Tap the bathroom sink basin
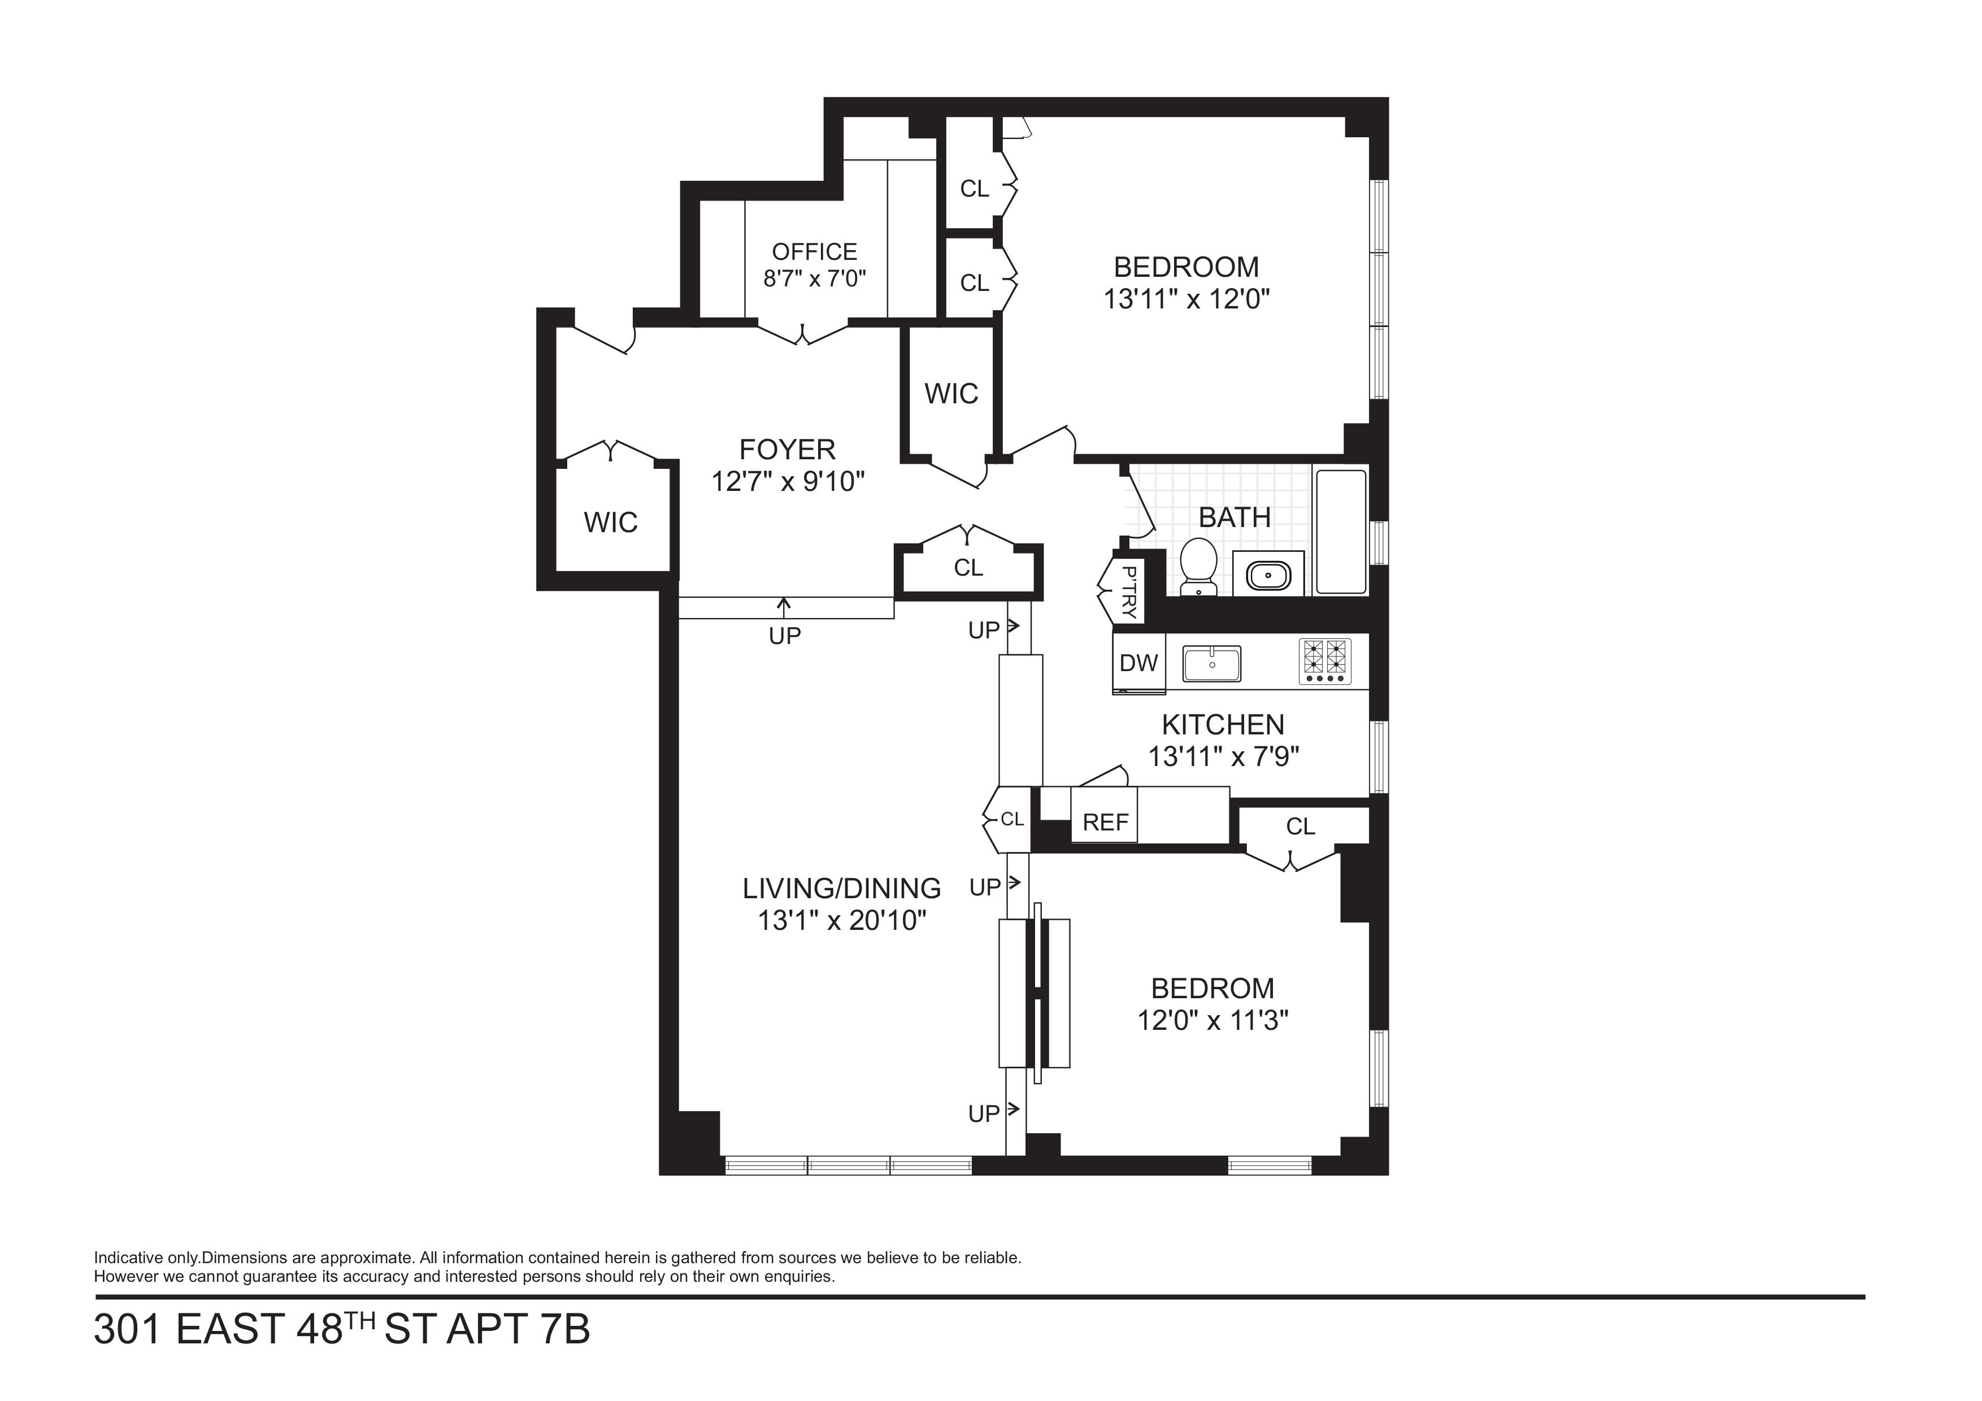click(1268, 574)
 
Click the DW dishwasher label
click(1138, 663)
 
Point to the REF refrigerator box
click(1105, 815)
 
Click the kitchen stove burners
click(1325, 661)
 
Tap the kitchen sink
click(1212, 664)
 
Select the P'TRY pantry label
click(1128, 591)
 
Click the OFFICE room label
click(814, 252)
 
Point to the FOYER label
click(787, 450)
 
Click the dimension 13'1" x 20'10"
click(842, 921)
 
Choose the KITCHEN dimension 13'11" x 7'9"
click(1223, 757)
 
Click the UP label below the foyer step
click(785, 636)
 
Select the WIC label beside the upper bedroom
click(951, 394)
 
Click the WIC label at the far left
click(610, 522)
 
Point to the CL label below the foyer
click(968, 568)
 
